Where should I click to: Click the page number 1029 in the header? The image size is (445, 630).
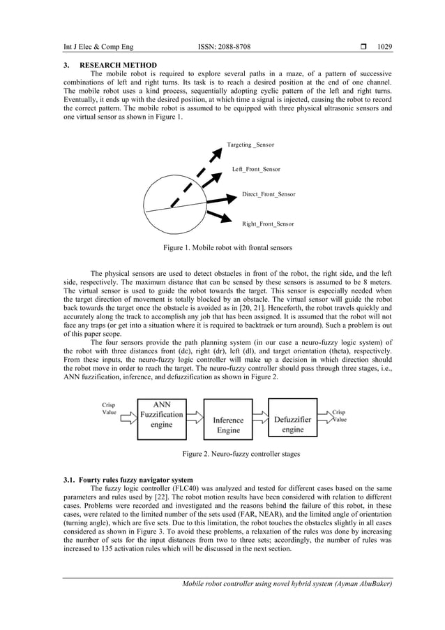pos(385,47)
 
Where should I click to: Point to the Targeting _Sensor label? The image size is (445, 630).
pos(250,145)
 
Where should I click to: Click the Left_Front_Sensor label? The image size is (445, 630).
pos(256,169)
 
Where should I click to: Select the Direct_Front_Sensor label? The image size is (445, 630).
pos(269,193)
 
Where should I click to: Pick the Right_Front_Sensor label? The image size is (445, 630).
pos(267,224)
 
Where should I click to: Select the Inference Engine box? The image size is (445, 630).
pos(228,420)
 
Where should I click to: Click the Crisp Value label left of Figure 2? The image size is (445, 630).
pos(109,409)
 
